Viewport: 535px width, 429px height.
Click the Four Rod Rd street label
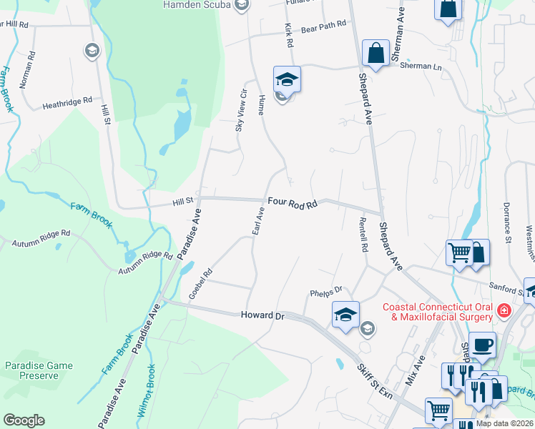(293, 204)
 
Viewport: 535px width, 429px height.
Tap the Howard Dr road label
(257, 315)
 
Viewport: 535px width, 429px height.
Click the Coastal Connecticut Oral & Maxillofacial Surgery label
(436, 310)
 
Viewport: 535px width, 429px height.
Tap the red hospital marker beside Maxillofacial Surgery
(504, 310)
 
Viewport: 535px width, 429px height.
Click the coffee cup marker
(482, 344)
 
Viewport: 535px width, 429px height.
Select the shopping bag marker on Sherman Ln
(376, 52)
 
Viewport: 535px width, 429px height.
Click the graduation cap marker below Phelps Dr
(345, 314)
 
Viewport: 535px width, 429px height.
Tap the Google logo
(24, 420)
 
